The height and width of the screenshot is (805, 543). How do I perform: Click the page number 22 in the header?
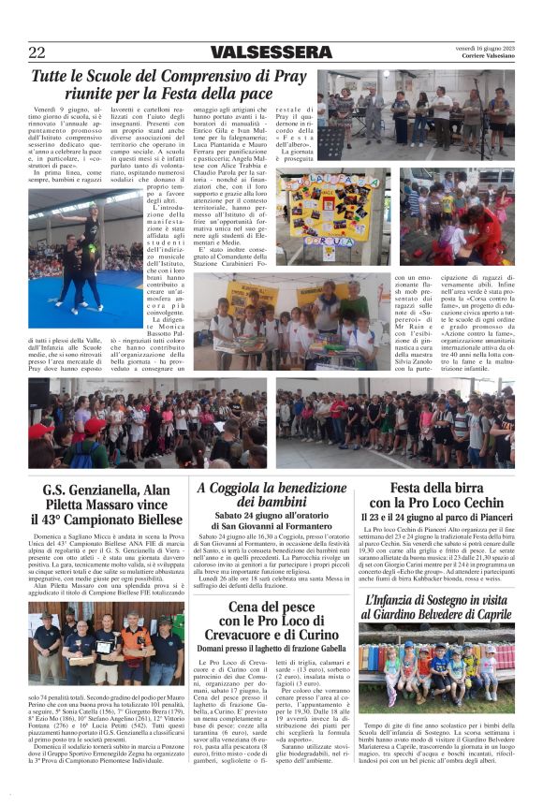click(x=37, y=52)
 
